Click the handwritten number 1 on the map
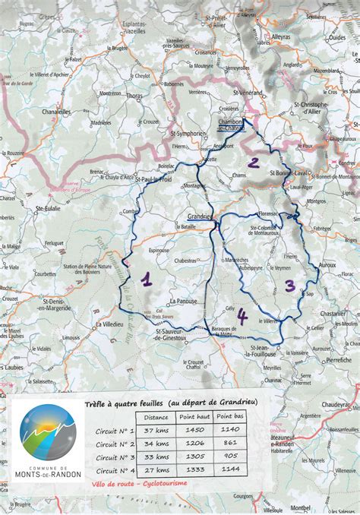click(146, 280)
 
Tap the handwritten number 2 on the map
click(253, 162)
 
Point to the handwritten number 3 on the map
click(289, 286)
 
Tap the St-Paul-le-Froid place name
click(154, 179)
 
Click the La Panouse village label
click(184, 301)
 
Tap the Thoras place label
click(134, 96)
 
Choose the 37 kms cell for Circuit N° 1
click(156, 431)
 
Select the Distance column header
click(156, 416)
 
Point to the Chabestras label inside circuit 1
click(185, 260)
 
